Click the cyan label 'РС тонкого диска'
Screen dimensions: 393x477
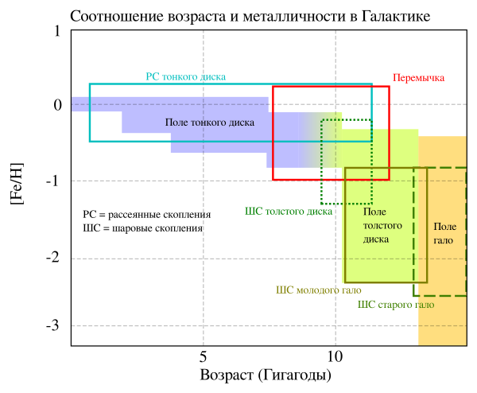pos(185,77)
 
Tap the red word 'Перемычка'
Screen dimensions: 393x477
pos(418,78)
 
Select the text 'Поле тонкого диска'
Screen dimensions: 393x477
pos(210,123)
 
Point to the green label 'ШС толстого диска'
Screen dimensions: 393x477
pos(289,212)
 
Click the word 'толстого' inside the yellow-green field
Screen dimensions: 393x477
pos(382,225)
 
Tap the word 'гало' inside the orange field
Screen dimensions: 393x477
pos(443,240)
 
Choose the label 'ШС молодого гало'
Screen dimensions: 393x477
pos(318,290)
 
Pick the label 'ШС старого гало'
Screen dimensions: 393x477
pos(395,305)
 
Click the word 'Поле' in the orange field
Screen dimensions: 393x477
pos(444,227)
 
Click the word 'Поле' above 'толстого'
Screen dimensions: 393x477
pos(374,212)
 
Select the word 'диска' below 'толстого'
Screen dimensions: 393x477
pos(376,239)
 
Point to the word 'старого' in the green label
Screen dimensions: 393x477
pos(395,305)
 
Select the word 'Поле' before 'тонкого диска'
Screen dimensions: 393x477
pos(176,123)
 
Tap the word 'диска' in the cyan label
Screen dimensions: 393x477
pos(214,77)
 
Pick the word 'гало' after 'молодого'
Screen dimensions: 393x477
pos(351,290)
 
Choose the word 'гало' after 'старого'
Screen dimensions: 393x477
pos(424,305)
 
